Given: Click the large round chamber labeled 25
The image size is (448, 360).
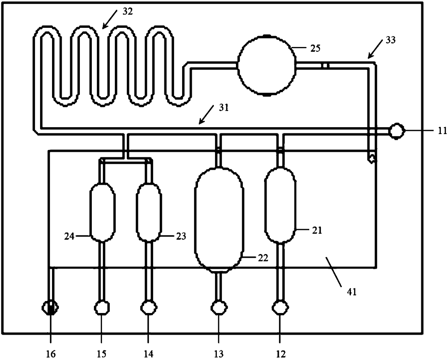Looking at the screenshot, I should pos(266,65).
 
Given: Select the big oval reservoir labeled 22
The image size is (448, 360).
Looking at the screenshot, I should pos(219,219).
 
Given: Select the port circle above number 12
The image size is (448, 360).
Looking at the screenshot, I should pos(280,308).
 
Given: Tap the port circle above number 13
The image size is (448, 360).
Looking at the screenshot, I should pos(219,308).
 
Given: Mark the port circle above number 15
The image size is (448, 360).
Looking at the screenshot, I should pos(102,308).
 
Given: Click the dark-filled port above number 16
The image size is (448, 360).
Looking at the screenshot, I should pos(51,308).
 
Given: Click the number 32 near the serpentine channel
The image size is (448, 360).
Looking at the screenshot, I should pos(128,11).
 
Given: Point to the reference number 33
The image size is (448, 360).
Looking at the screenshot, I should pos(390,39).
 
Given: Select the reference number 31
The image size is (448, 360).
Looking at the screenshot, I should pos(224,107).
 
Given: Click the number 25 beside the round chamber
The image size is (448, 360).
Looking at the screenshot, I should pos(315,48).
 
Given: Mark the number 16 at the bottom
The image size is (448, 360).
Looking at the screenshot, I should pos(51,353).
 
